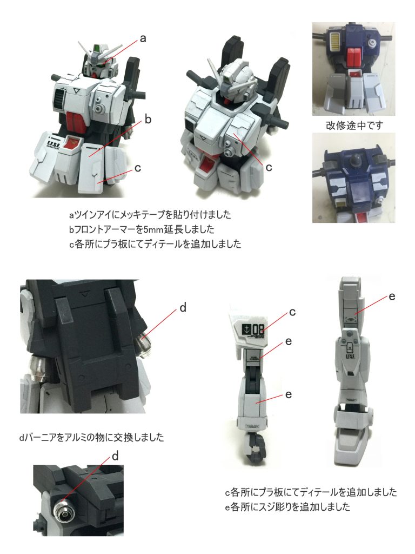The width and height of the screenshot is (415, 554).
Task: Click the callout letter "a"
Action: coord(143,38)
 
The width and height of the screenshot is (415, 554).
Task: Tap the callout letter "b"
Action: coord(148,118)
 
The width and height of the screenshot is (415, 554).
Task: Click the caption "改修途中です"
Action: coord(354,126)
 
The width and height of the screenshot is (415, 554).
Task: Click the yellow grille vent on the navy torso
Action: coord(335,39)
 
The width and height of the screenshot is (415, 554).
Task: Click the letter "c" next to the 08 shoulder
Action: coord(292,312)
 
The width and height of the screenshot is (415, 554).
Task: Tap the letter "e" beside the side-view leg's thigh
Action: coord(392,296)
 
